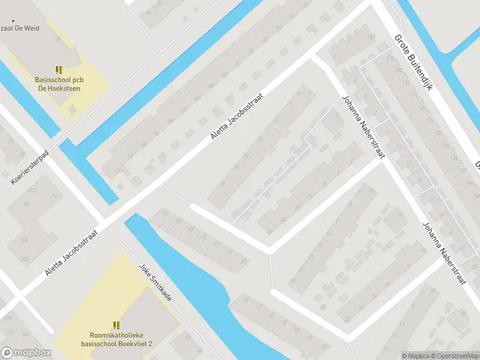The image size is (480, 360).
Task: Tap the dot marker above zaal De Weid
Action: [x=5, y=18]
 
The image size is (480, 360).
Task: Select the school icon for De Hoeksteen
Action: [x=58, y=70]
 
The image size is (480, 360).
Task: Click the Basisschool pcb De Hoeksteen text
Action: [x=58, y=84]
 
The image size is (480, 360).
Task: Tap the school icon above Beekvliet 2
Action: [x=116, y=325]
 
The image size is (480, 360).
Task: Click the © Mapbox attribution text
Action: [x=416, y=356]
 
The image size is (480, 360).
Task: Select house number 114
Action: [x=54, y=197]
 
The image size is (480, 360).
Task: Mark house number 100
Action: [x=25, y=259]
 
